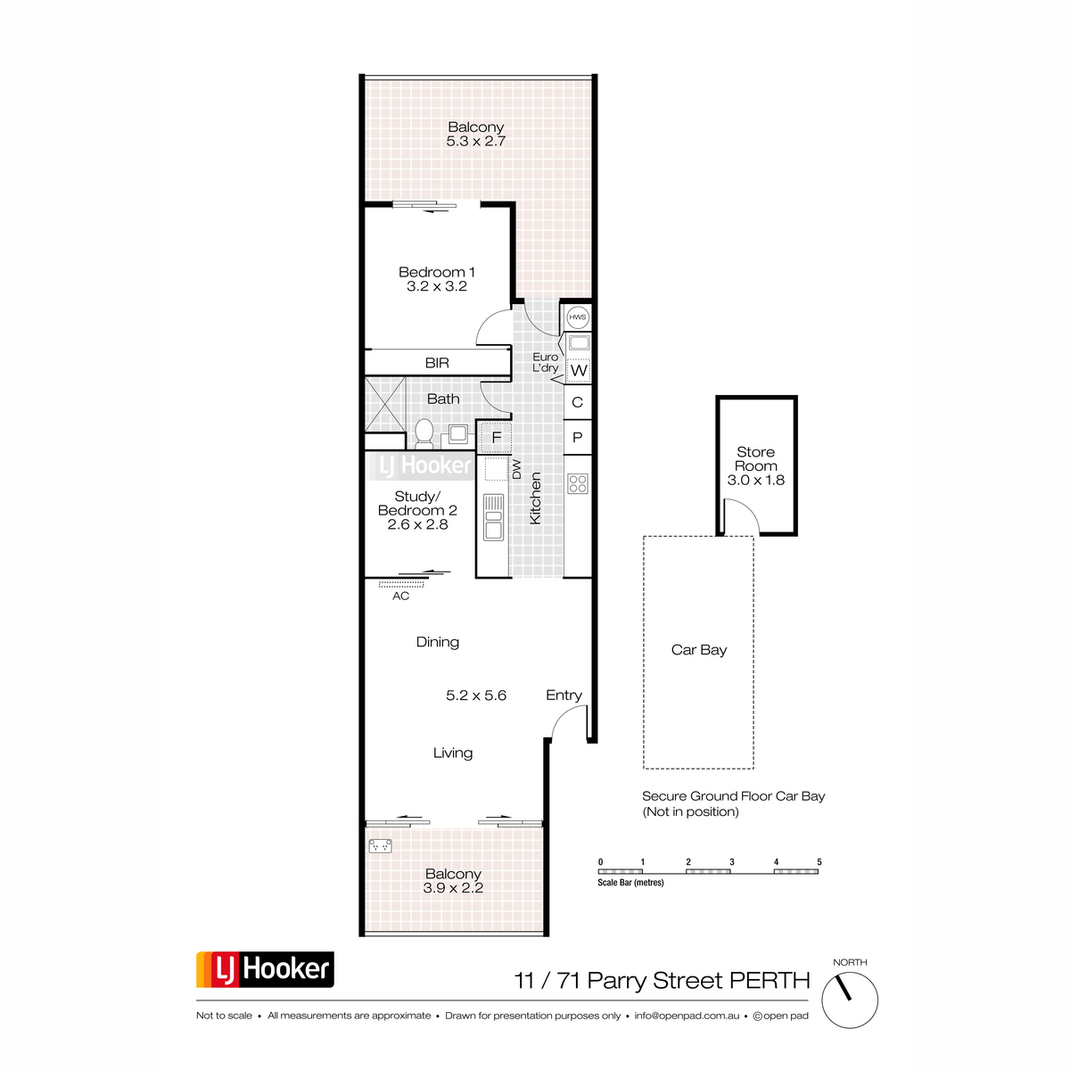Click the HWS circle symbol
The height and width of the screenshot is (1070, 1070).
[577, 317]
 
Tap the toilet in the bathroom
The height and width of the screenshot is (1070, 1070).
[424, 433]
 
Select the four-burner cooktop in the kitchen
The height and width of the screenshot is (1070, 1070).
[578, 483]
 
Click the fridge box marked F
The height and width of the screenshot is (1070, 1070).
[496, 437]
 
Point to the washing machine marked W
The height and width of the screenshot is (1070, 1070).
[578, 370]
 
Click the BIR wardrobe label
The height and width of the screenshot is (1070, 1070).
[437, 363]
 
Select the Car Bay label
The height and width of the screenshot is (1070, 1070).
[698, 650]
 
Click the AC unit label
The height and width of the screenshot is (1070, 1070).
[400, 597]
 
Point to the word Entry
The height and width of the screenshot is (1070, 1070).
[564, 695]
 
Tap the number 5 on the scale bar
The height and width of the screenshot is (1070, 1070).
[819, 862]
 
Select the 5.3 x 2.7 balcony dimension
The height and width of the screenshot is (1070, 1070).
[476, 141]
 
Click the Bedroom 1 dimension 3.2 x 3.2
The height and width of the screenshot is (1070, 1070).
[436, 286]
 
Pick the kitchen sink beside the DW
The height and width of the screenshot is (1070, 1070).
[493, 517]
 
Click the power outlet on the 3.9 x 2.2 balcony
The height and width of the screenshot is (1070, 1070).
[381, 845]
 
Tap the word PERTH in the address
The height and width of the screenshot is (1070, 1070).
[770, 981]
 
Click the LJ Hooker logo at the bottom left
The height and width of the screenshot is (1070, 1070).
[265, 969]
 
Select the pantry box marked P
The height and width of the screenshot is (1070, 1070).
[578, 438]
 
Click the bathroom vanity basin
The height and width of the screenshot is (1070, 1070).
[458, 433]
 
